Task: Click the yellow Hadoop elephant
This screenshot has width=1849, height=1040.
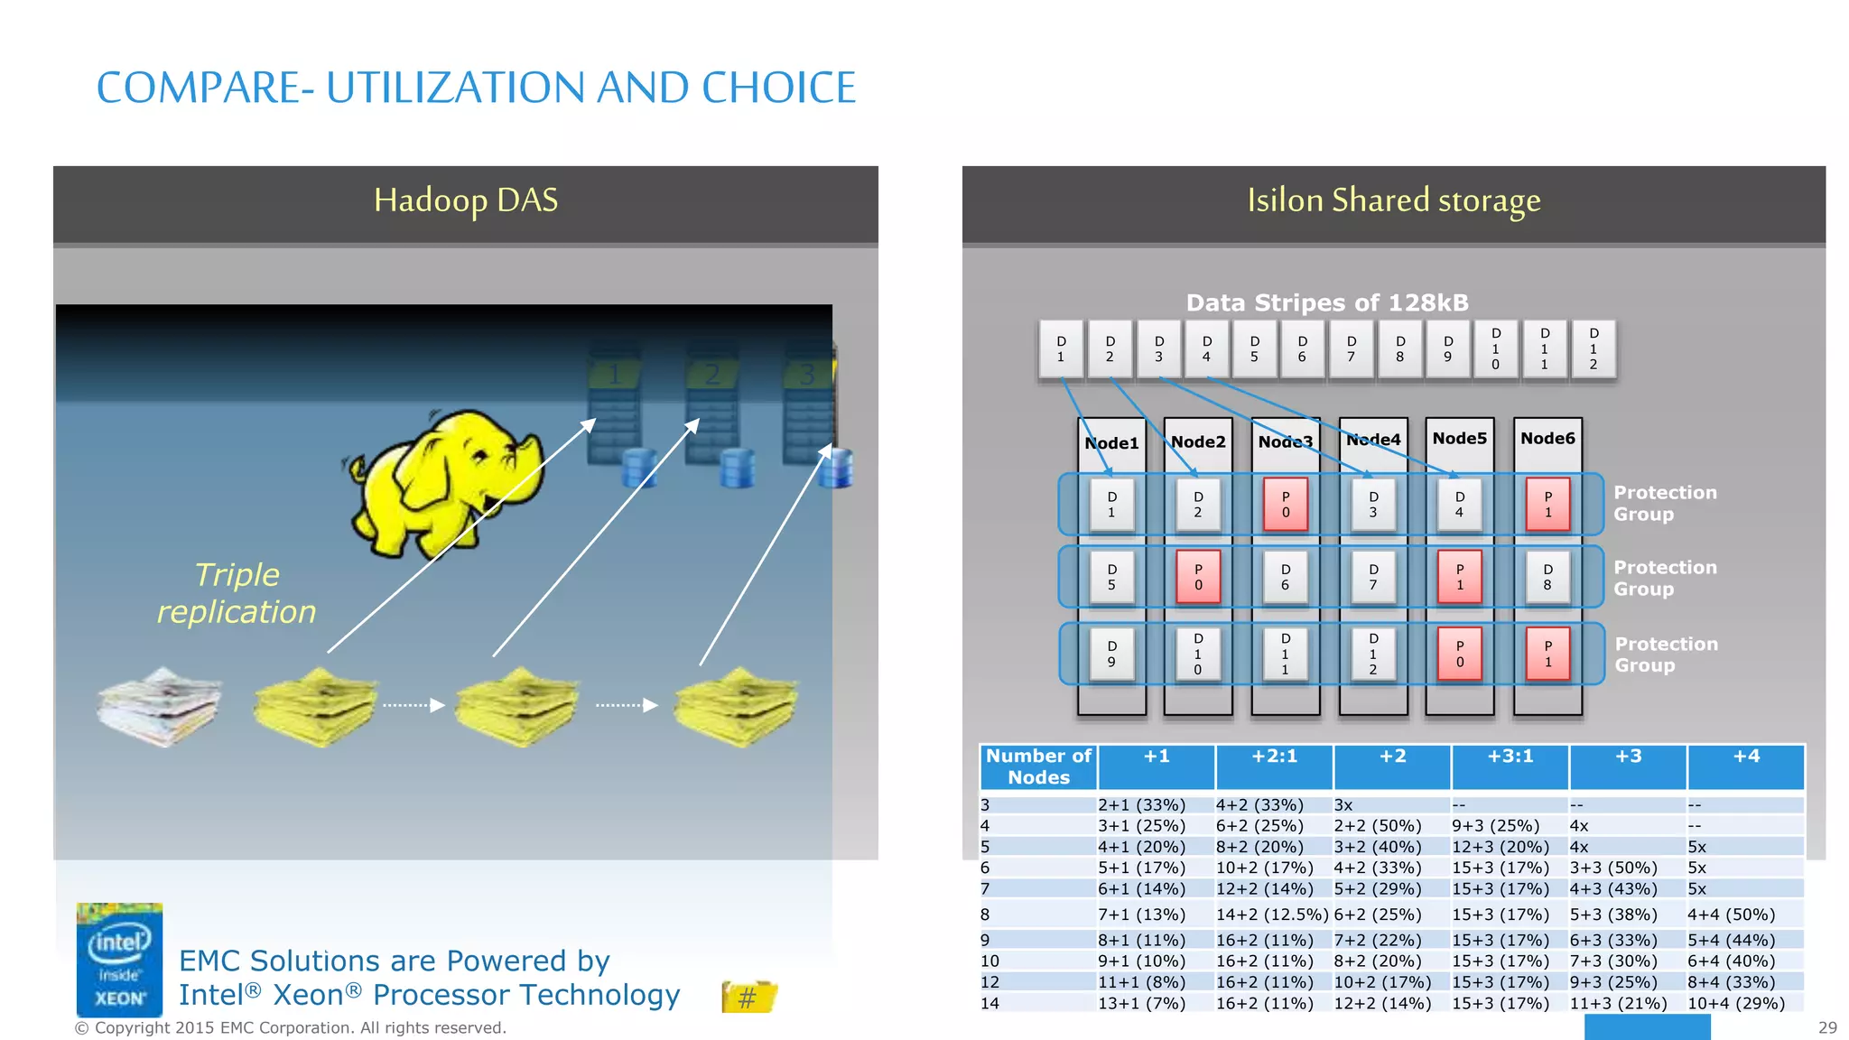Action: (x=442, y=483)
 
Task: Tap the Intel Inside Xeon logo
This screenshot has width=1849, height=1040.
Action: (x=119, y=960)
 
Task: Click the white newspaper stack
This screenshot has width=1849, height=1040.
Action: (x=160, y=706)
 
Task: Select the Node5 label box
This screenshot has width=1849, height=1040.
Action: (x=1459, y=439)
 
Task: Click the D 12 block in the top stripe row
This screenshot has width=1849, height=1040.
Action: (x=1593, y=349)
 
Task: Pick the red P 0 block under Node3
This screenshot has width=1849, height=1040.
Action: (x=1286, y=505)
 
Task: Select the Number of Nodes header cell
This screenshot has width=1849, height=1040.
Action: (x=1038, y=766)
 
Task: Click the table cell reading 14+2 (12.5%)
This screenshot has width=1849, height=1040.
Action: (x=1272, y=915)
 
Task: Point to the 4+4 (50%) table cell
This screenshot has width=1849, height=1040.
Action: (x=1731, y=915)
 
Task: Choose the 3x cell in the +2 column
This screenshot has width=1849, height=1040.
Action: (x=1343, y=804)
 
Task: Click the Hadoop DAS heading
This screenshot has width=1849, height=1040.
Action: (x=466, y=200)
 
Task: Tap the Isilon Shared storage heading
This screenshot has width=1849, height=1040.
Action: (x=1393, y=200)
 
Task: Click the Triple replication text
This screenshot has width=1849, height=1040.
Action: (x=237, y=593)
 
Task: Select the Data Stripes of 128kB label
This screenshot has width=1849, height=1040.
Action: (x=1327, y=302)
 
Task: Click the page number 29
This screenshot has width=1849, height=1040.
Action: (x=1827, y=1027)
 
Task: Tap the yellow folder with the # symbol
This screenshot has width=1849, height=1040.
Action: (x=748, y=997)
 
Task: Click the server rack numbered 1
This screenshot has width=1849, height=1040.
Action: (x=614, y=406)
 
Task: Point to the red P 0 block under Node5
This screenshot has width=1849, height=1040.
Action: (x=1459, y=654)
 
